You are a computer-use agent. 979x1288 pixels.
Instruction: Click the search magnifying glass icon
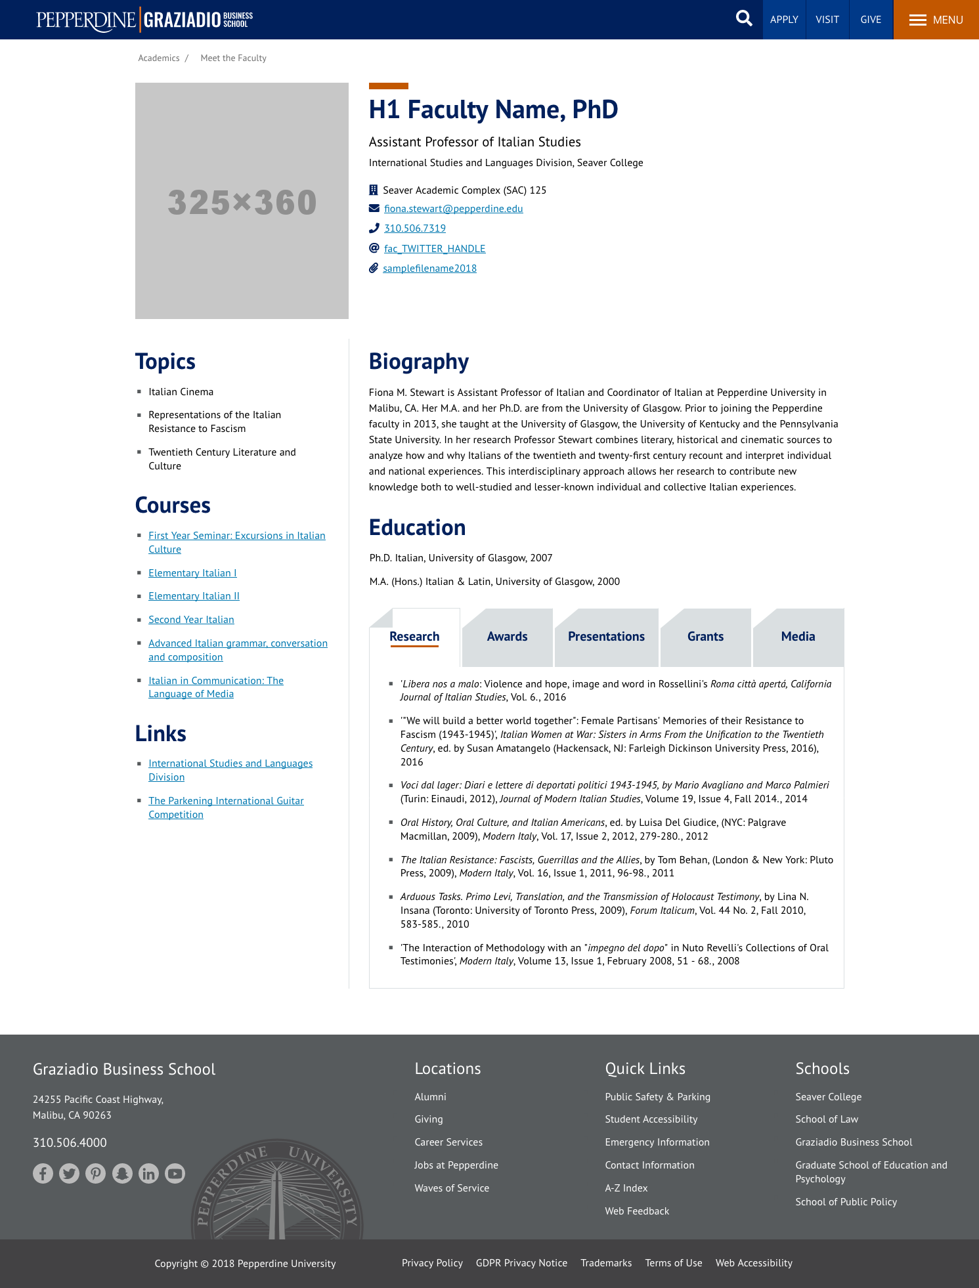[744, 18]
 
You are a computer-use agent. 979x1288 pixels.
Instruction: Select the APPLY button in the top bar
[784, 20]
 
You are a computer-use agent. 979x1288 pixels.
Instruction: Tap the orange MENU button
[936, 20]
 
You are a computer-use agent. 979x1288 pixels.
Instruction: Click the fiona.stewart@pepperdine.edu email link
[453, 209]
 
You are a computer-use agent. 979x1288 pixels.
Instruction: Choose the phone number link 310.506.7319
[414, 228]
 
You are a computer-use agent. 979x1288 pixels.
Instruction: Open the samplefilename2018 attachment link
[429, 268]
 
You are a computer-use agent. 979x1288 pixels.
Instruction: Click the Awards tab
[507, 637]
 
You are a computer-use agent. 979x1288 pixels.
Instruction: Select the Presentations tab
[606, 637]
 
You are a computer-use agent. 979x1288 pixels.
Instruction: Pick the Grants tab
[705, 637]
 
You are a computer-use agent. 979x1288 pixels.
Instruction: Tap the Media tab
[798, 637]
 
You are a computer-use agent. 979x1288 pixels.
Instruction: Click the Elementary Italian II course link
[194, 596]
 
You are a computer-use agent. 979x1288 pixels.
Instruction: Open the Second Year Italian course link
[191, 620]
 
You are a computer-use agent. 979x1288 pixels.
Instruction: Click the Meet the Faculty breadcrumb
[233, 58]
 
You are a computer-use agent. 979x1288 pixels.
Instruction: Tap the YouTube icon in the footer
[175, 1173]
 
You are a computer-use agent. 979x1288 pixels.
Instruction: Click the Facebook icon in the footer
[43, 1173]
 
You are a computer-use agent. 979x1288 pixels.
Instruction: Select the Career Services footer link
[448, 1142]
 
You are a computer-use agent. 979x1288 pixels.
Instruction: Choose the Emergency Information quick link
[657, 1142]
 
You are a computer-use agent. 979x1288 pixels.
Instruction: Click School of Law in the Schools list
[827, 1119]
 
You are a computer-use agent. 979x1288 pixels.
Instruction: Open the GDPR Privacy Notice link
[521, 1263]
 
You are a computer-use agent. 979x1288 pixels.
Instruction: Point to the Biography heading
[419, 362]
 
